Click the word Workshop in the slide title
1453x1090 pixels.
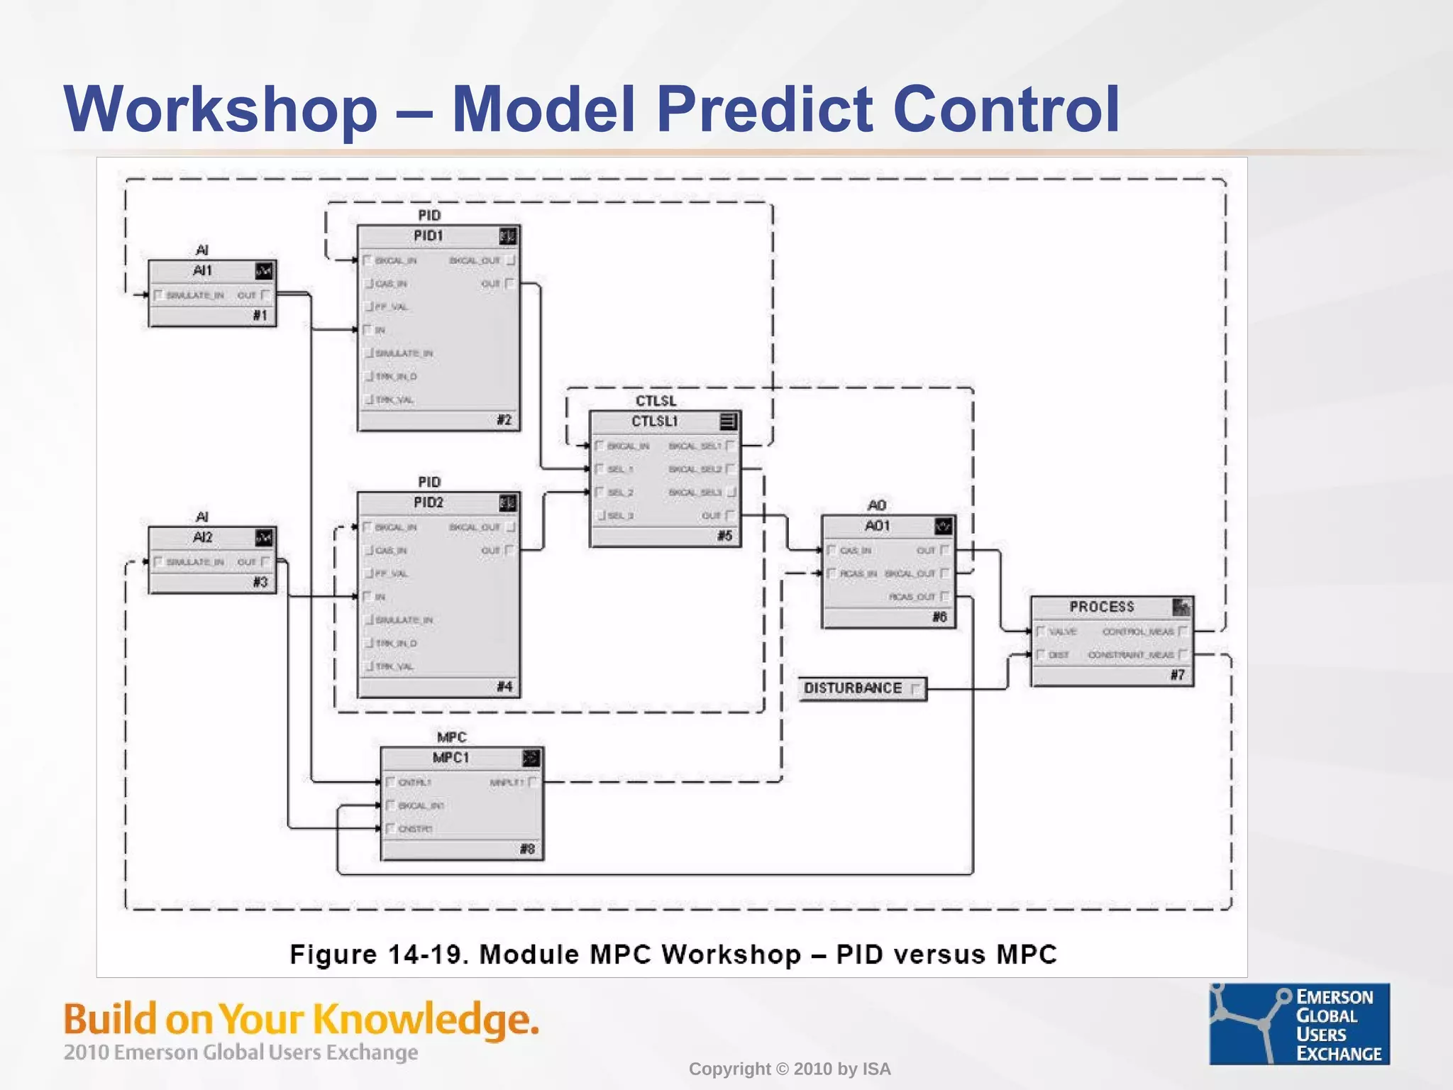click(x=221, y=109)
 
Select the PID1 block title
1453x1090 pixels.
click(x=429, y=236)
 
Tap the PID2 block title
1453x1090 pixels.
click(x=429, y=502)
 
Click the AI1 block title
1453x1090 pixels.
click(x=202, y=270)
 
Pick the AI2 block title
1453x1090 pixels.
click(x=202, y=537)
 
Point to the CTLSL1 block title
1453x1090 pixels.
click(x=655, y=422)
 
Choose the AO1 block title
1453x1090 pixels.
click(x=877, y=526)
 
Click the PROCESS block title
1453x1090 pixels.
click(x=1102, y=607)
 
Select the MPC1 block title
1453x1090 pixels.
click(x=451, y=758)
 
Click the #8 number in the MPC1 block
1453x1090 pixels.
click(x=527, y=849)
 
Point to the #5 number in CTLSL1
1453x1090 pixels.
click(x=724, y=536)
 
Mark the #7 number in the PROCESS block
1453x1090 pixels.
click(x=1178, y=675)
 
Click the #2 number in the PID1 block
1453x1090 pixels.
click(x=504, y=419)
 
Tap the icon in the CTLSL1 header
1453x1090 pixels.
click(x=728, y=422)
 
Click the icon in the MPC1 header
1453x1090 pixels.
click(x=531, y=758)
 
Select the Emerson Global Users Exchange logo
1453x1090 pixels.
click(x=1299, y=1024)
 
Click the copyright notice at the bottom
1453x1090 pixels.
click(x=789, y=1069)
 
